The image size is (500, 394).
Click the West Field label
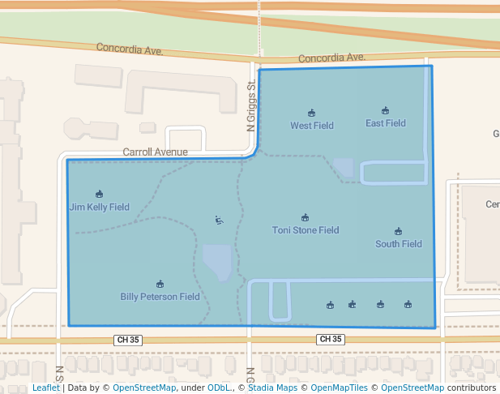pyautogui.click(x=312, y=126)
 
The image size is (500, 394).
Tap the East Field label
pyautogui.click(x=386, y=123)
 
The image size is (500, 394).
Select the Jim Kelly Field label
pyautogui.click(x=99, y=207)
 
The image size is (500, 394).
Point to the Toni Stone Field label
pyautogui.click(x=306, y=230)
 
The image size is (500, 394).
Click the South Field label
pyautogui.click(x=399, y=244)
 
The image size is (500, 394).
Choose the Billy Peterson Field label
pyautogui.click(x=160, y=297)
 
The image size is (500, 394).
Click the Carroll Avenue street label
pyautogui.click(x=155, y=152)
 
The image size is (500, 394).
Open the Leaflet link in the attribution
pyautogui.click(x=46, y=388)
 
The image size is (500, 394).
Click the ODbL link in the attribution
pyautogui.click(x=219, y=388)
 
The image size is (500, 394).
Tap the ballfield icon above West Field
pyautogui.click(x=312, y=113)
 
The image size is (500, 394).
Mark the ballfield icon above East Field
pyautogui.click(x=385, y=110)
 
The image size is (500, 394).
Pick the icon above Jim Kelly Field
pyautogui.click(x=99, y=194)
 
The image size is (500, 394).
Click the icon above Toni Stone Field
pyautogui.click(x=306, y=217)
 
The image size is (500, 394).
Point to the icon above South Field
pyautogui.click(x=398, y=231)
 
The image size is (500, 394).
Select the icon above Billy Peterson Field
pyautogui.click(x=160, y=284)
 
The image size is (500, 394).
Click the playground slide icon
pyautogui.click(x=219, y=220)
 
